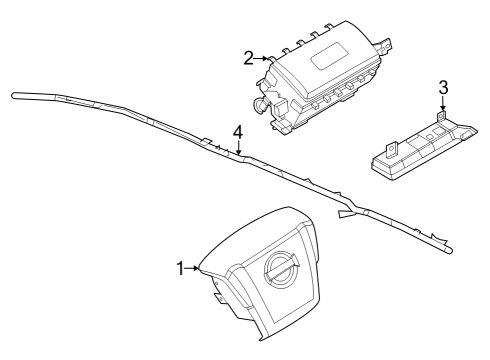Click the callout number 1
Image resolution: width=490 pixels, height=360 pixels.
pyautogui.click(x=180, y=267)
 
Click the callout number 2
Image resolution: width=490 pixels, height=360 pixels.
pyautogui.click(x=247, y=59)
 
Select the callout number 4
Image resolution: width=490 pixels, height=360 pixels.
pyautogui.click(x=238, y=131)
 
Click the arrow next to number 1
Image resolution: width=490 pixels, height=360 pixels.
pyautogui.click(x=192, y=267)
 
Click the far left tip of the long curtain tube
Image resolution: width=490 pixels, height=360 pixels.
pyautogui.click(x=14, y=96)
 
